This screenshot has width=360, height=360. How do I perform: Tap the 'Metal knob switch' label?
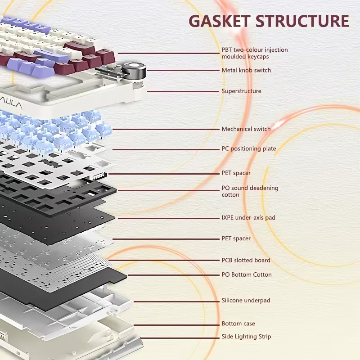click(246, 70)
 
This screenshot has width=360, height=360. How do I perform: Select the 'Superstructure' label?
click(241, 91)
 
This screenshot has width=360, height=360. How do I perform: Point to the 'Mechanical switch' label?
click(246, 129)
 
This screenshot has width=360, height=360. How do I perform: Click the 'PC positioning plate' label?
click(248, 148)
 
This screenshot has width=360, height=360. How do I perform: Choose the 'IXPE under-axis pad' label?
click(248, 218)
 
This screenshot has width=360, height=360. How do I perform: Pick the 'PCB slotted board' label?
click(246, 260)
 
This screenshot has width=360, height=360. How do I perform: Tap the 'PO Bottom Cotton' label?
click(246, 274)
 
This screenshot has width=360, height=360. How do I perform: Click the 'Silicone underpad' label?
click(246, 300)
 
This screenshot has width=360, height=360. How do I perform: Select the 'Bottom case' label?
click(238, 324)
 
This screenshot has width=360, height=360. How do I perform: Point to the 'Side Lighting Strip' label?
click(246, 337)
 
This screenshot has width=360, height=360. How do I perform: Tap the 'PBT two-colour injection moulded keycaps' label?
click(254, 53)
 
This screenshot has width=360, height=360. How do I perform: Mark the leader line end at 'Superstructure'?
click(148, 91)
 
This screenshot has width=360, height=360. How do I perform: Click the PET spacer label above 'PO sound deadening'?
click(236, 173)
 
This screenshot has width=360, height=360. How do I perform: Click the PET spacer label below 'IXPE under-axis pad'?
click(236, 238)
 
